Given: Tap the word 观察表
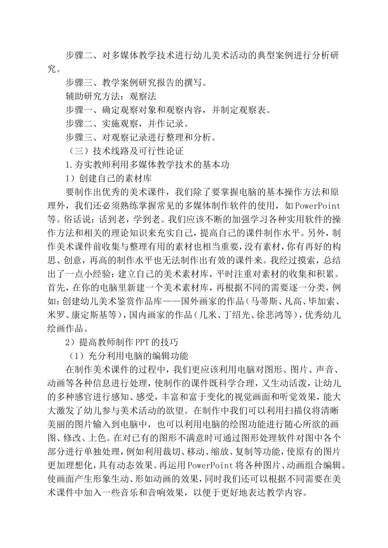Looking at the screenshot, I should pos(253,110).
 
